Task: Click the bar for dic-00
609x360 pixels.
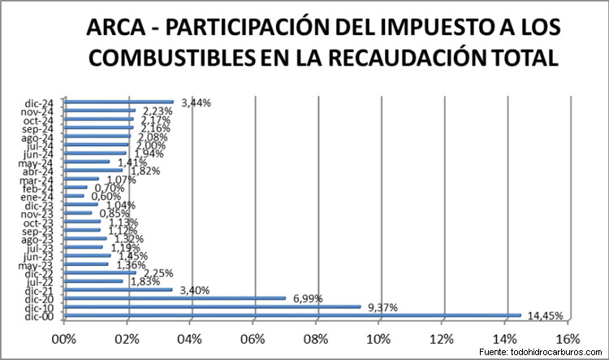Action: coord(292,314)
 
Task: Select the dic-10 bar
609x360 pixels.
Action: coord(213,306)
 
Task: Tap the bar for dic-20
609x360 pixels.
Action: coord(175,297)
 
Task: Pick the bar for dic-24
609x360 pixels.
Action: coord(119,102)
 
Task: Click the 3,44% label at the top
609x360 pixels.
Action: coord(196,102)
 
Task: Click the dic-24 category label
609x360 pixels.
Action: coord(39,102)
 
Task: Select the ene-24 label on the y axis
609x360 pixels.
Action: coord(38,196)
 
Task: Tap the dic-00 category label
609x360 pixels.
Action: coord(39,314)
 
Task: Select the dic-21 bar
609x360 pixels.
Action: coord(119,289)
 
